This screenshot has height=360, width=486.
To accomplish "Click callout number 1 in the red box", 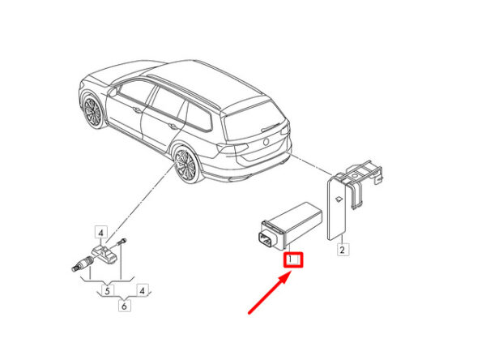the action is (x=291, y=259).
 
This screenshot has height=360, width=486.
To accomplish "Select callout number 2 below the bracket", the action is (x=342, y=250).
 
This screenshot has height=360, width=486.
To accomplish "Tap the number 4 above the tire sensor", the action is (x=100, y=232).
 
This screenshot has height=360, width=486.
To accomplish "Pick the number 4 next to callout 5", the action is (x=142, y=291).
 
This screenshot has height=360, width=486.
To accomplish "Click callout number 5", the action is (x=107, y=291).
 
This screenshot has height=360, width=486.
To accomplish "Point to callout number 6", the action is (x=124, y=306).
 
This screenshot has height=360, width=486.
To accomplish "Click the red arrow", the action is (x=270, y=293).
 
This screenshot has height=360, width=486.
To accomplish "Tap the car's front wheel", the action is (x=92, y=111).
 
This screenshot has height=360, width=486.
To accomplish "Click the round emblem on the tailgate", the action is (x=266, y=142).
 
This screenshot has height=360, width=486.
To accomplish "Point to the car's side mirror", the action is (x=113, y=92).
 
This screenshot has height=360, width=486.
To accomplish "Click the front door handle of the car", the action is (x=136, y=109).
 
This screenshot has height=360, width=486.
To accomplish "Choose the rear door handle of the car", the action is (x=173, y=126).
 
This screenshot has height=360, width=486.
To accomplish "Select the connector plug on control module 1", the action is (x=266, y=240).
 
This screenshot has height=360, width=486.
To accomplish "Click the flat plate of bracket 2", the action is (x=337, y=208).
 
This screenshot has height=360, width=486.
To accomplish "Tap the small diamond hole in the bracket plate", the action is (x=339, y=199).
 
